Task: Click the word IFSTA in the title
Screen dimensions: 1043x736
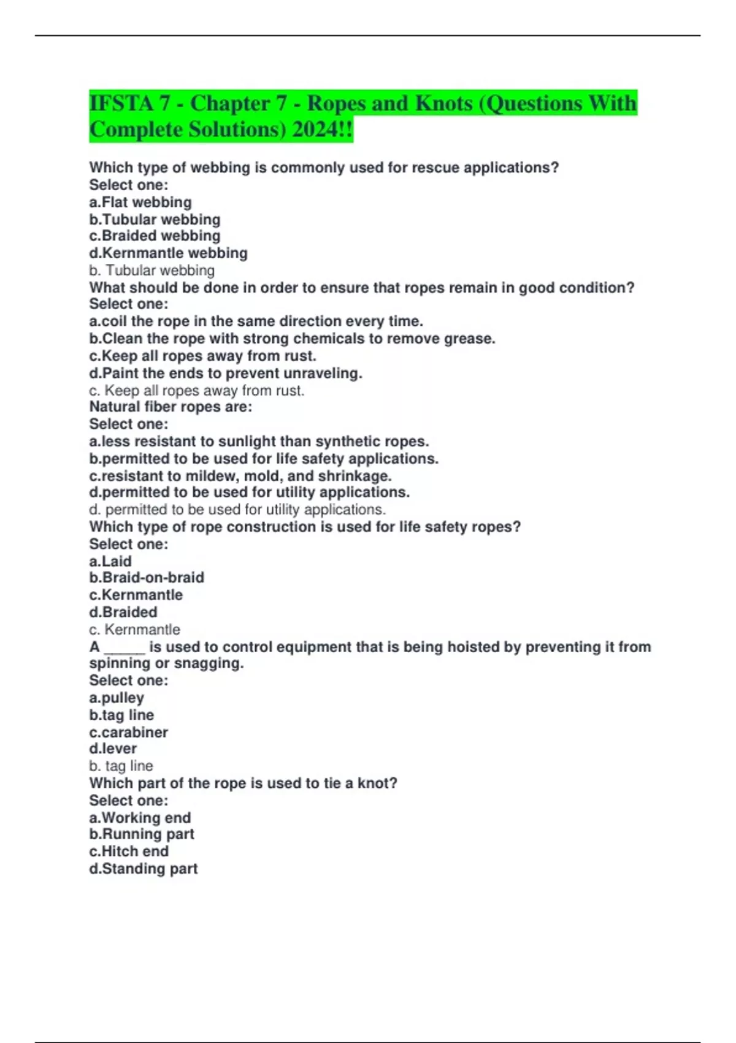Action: (x=120, y=104)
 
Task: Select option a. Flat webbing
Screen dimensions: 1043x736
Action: (x=140, y=202)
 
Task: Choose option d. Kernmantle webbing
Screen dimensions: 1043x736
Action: (x=169, y=253)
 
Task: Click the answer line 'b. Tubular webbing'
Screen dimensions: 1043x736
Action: (x=152, y=271)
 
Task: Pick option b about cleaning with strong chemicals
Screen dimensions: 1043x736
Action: (x=292, y=339)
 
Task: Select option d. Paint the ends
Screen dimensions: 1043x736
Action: (x=226, y=373)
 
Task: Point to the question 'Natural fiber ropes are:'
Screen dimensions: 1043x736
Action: (x=171, y=407)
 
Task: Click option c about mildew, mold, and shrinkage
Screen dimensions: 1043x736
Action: (x=240, y=476)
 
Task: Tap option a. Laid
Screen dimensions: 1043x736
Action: (x=110, y=561)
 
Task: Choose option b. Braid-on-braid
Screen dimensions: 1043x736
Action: (x=147, y=578)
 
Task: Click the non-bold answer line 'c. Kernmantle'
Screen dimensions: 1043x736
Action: (x=135, y=629)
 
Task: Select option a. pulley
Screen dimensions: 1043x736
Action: (x=117, y=698)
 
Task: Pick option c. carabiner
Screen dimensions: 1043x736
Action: (x=129, y=733)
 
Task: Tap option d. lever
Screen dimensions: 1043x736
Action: (x=113, y=749)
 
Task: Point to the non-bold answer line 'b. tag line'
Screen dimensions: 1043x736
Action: (x=121, y=766)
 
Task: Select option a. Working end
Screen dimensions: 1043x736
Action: (x=140, y=818)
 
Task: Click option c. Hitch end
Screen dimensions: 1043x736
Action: (x=129, y=852)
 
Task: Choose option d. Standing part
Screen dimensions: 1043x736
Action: (x=144, y=869)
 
